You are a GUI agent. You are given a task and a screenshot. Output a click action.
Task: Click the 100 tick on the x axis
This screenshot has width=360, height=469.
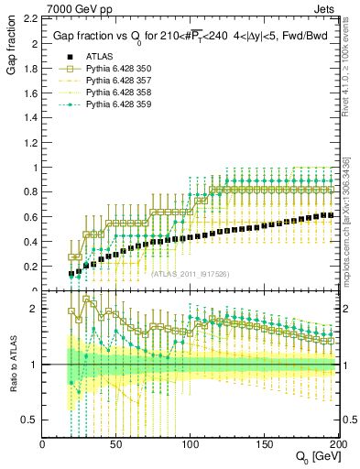pos(189,444)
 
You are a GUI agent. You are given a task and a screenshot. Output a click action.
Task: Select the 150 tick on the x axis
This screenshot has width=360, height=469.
pos(262,444)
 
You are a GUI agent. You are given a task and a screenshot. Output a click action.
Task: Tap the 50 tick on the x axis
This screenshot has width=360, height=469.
pos(115,444)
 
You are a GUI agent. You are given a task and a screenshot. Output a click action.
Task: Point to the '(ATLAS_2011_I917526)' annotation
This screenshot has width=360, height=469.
pos(190,273)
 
